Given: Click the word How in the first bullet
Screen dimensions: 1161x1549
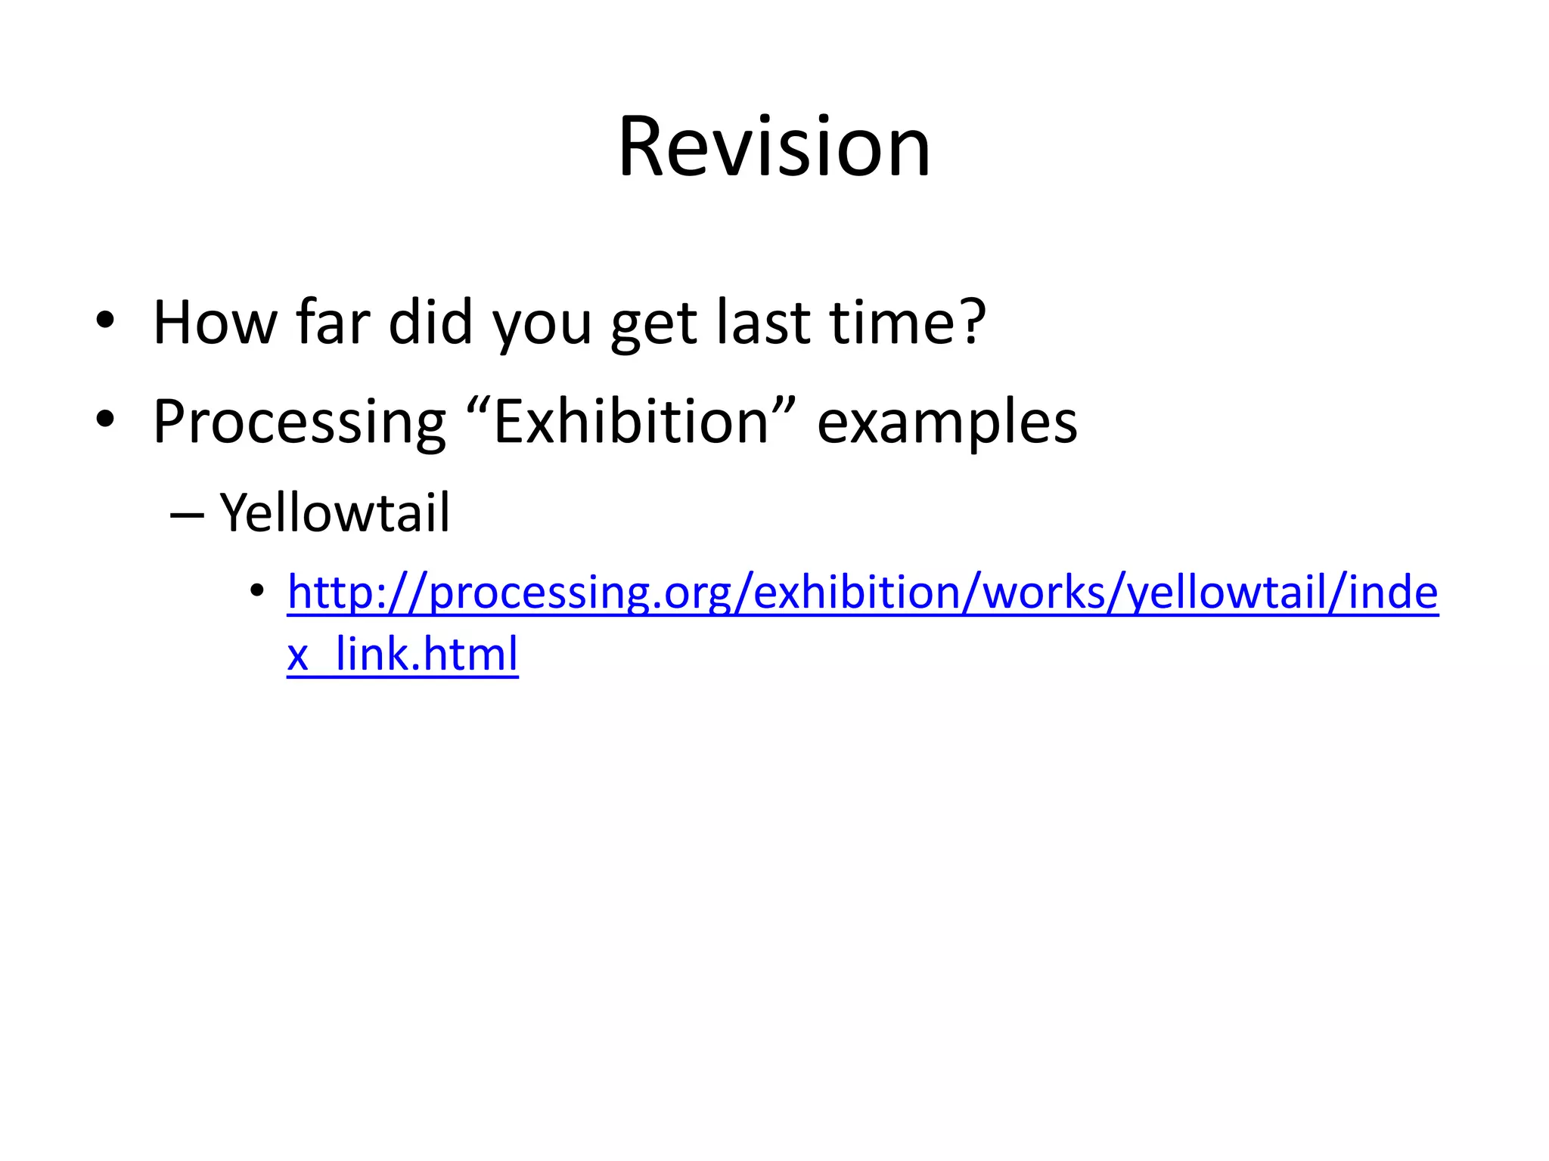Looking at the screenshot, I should pos(216,323).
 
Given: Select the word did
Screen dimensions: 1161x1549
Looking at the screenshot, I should pos(430,323).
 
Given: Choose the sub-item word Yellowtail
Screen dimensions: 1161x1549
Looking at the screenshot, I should pos(334,512).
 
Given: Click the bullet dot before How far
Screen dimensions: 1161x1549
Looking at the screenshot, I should pos(105,320).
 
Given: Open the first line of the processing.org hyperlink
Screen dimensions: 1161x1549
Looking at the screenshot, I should pos(862,593).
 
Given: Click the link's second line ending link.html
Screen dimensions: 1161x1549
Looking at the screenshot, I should pos(402,655).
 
